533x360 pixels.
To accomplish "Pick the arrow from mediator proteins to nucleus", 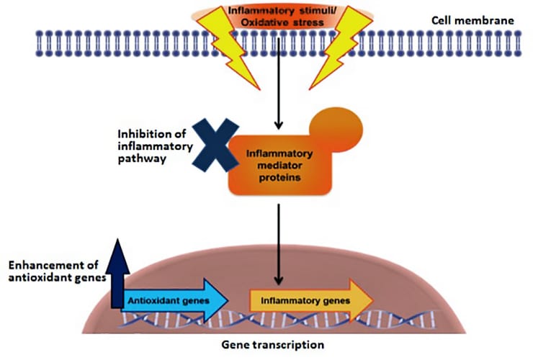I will click(x=277, y=245).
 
